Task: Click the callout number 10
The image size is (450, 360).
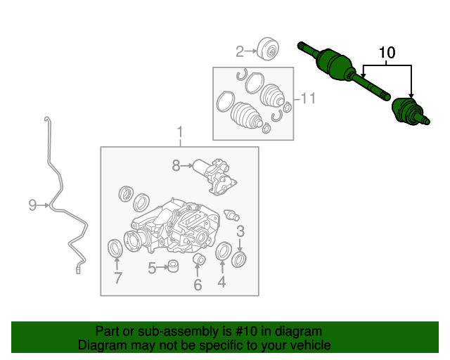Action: (387, 53)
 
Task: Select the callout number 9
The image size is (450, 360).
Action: (32, 205)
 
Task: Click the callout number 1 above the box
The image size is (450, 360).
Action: (179, 132)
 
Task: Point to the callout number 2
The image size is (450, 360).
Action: (240, 51)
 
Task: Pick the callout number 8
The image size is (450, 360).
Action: (176, 166)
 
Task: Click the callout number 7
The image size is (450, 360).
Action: (117, 278)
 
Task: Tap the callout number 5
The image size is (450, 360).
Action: (152, 268)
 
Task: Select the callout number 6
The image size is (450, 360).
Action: (198, 285)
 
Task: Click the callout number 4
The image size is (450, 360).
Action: (222, 283)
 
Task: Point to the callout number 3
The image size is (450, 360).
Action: (240, 231)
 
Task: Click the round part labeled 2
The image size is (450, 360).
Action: (268, 49)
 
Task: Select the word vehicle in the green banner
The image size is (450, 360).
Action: (307, 345)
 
